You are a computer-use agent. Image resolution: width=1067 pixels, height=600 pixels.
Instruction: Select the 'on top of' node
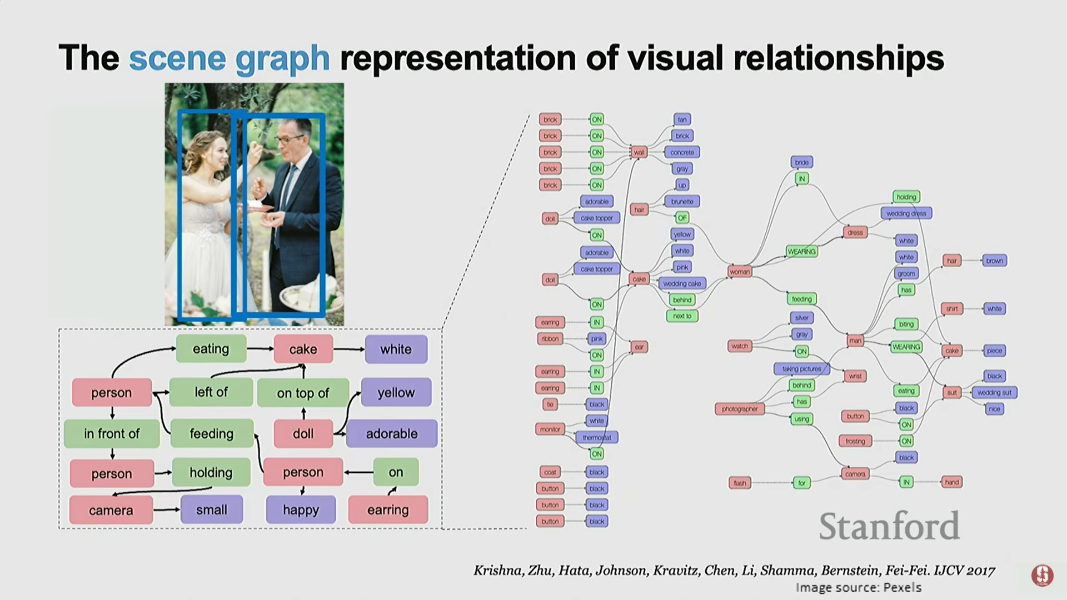(303, 393)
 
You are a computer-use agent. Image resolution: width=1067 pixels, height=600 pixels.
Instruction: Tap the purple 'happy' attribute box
(301, 509)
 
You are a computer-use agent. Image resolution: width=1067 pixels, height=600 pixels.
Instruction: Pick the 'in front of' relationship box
(112, 433)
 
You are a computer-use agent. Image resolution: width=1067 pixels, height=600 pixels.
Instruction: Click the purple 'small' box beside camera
(212, 509)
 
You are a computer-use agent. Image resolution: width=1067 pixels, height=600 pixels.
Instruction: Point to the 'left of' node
(211, 392)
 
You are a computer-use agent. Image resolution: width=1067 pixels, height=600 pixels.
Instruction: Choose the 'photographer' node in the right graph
(740, 409)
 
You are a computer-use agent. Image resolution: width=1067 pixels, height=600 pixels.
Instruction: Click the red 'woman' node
(739, 272)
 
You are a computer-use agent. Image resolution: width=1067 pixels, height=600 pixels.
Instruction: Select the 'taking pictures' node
(801, 369)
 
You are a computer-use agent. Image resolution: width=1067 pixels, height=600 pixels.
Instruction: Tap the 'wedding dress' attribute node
(906, 213)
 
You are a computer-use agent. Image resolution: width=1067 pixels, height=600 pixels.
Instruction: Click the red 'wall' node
(639, 152)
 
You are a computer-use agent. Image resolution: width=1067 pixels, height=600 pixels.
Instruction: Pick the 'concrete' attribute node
(682, 152)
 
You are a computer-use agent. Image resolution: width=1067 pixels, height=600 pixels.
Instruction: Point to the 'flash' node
(740, 483)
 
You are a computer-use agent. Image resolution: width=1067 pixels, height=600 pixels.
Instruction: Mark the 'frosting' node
(855, 441)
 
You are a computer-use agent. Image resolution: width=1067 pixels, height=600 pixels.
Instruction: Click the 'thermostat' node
(597, 438)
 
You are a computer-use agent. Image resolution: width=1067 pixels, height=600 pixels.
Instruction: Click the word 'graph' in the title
(282, 58)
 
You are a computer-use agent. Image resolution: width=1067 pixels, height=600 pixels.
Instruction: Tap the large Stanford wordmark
(889, 526)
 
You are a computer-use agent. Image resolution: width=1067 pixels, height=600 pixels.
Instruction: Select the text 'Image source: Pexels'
(858, 587)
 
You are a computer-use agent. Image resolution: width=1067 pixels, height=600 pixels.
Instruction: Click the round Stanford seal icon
(1042, 576)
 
